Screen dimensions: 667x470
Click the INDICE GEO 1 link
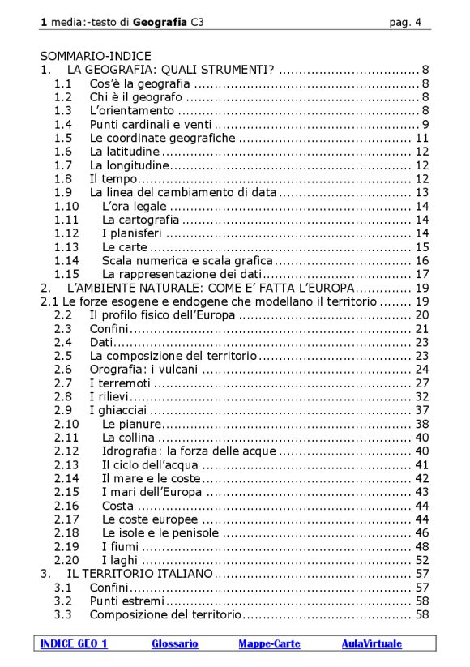(74, 644)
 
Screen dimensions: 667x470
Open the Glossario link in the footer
(174, 644)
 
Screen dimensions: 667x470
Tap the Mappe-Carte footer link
(269, 644)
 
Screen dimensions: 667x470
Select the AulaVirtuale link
(371, 644)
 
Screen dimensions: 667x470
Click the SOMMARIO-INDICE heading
(96, 56)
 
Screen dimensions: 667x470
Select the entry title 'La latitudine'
(124, 152)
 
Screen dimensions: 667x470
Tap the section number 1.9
(63, 192)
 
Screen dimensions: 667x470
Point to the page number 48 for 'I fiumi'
(421, 546)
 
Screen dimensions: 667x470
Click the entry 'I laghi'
(120, 560)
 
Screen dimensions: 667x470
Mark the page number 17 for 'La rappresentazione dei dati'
(421, 274)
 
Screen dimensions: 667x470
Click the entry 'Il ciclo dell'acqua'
(151, 465)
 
